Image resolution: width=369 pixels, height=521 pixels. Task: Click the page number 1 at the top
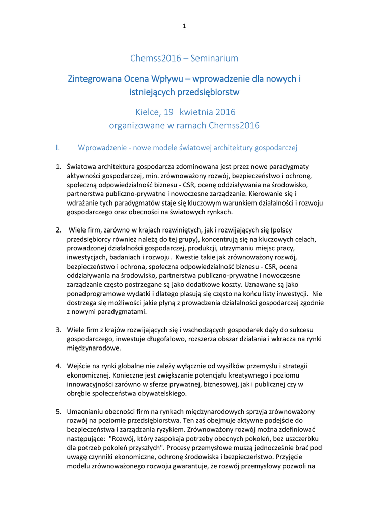click(x=184, y=26)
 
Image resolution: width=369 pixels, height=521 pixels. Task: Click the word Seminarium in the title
click(x=213, y=59)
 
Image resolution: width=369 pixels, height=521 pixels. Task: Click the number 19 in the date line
click(x=168, y=112)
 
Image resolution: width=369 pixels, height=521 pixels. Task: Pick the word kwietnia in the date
click(x=198, y=112)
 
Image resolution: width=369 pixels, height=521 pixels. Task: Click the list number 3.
click(x=59, y=330)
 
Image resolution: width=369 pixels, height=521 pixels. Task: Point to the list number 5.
click(x=59, y=411)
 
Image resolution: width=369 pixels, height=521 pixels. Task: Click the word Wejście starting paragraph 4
click(x=80, y=366)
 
